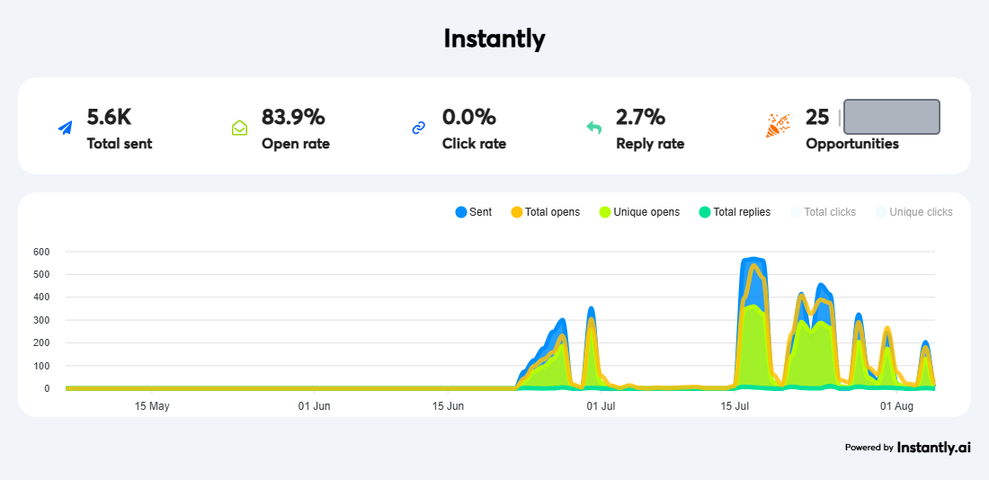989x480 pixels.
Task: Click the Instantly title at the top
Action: pyautogui.click(x=494, y=39)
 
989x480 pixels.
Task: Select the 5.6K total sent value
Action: pyautogui.click(x=109, y=118)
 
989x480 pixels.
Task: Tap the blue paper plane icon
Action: pyautogui.click(x=65, y=128)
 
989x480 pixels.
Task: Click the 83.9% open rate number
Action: pyautogui.click(x=293, y=118)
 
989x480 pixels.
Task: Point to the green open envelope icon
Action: pyautogui.click(x=239, y=128)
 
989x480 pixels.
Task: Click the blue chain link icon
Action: pyautogui.click(x=418, y=128)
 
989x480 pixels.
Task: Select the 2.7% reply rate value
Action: pyautogui.click(x=640, y=118)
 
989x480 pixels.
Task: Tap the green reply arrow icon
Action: pyautogui.click(x=593, y=128)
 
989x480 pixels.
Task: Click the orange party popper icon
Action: pyautogui.click(x=777, y=125)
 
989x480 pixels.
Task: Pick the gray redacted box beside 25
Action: pyautogui.click(x=892, y=117)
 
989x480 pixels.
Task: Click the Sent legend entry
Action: pyautogui.click(x=474, y=212)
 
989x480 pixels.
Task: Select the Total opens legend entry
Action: pyautogui.click(x=545, y=212)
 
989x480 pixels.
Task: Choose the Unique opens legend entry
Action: pyautogui.click(x=639, y=212)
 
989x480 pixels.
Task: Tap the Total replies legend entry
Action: pyautogui.click(x=735, y=212)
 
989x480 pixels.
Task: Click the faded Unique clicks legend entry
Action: pyautogui.click(x=914, y=212)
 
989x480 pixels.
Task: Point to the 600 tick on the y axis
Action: pyautogui.click(x=40, y=252)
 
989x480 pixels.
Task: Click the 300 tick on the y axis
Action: pyautogui.click(x=40, y=320)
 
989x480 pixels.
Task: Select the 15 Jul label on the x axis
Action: pyautogui.click(x=735, y=406)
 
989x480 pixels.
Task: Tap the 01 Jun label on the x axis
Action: pyautogui.click(x=314, y=406)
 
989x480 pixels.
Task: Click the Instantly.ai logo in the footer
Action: pyautogui.click(x=933, y=448)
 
